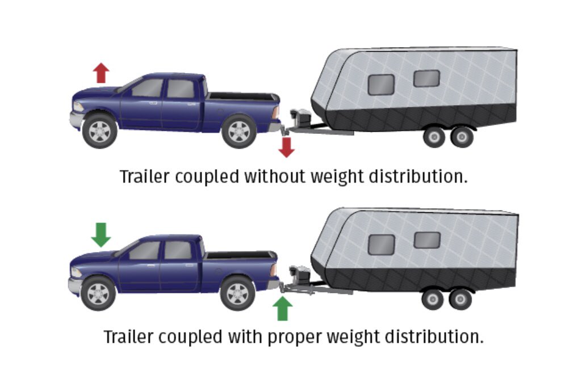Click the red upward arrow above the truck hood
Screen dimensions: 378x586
(101, 73)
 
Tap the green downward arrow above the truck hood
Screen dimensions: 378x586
(101, 234)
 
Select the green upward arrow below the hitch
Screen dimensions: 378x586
(282, 309)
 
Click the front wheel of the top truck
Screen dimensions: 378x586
(100, 131)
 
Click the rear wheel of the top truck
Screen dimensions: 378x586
(239, 131)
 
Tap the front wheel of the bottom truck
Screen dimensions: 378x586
(98, 293)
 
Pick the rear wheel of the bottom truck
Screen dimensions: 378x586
(237, 293)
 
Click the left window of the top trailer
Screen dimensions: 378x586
(381, 85)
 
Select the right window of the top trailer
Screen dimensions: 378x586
(426, 78)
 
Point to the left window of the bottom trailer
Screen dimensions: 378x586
(381, 245)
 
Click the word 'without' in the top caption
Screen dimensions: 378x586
(275, 176)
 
